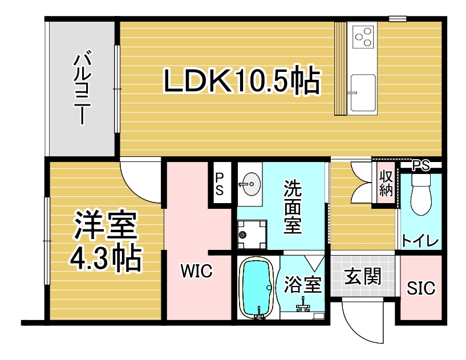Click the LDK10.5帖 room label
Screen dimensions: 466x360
coord(242,81)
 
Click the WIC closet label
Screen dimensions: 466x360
coord(197,271)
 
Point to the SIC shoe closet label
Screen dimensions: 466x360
coord(421,288)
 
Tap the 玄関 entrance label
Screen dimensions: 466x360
coord(363,276)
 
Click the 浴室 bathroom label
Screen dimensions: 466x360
coord(303,284)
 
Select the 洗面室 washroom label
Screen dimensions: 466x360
coord(293,207)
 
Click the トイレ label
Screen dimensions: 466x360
coord(420,241)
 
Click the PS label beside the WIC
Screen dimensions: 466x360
coord(220,184)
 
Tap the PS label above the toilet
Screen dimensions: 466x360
coord(421,165)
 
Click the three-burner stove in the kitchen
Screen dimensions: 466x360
coord(364,37)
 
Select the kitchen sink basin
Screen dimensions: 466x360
coord(363,93)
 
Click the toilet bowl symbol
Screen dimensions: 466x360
coord(421,195)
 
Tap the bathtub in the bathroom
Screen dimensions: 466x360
coord(257,288)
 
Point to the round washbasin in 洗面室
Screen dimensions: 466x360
coord(250,184)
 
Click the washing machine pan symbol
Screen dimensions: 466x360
coord(252,235)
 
